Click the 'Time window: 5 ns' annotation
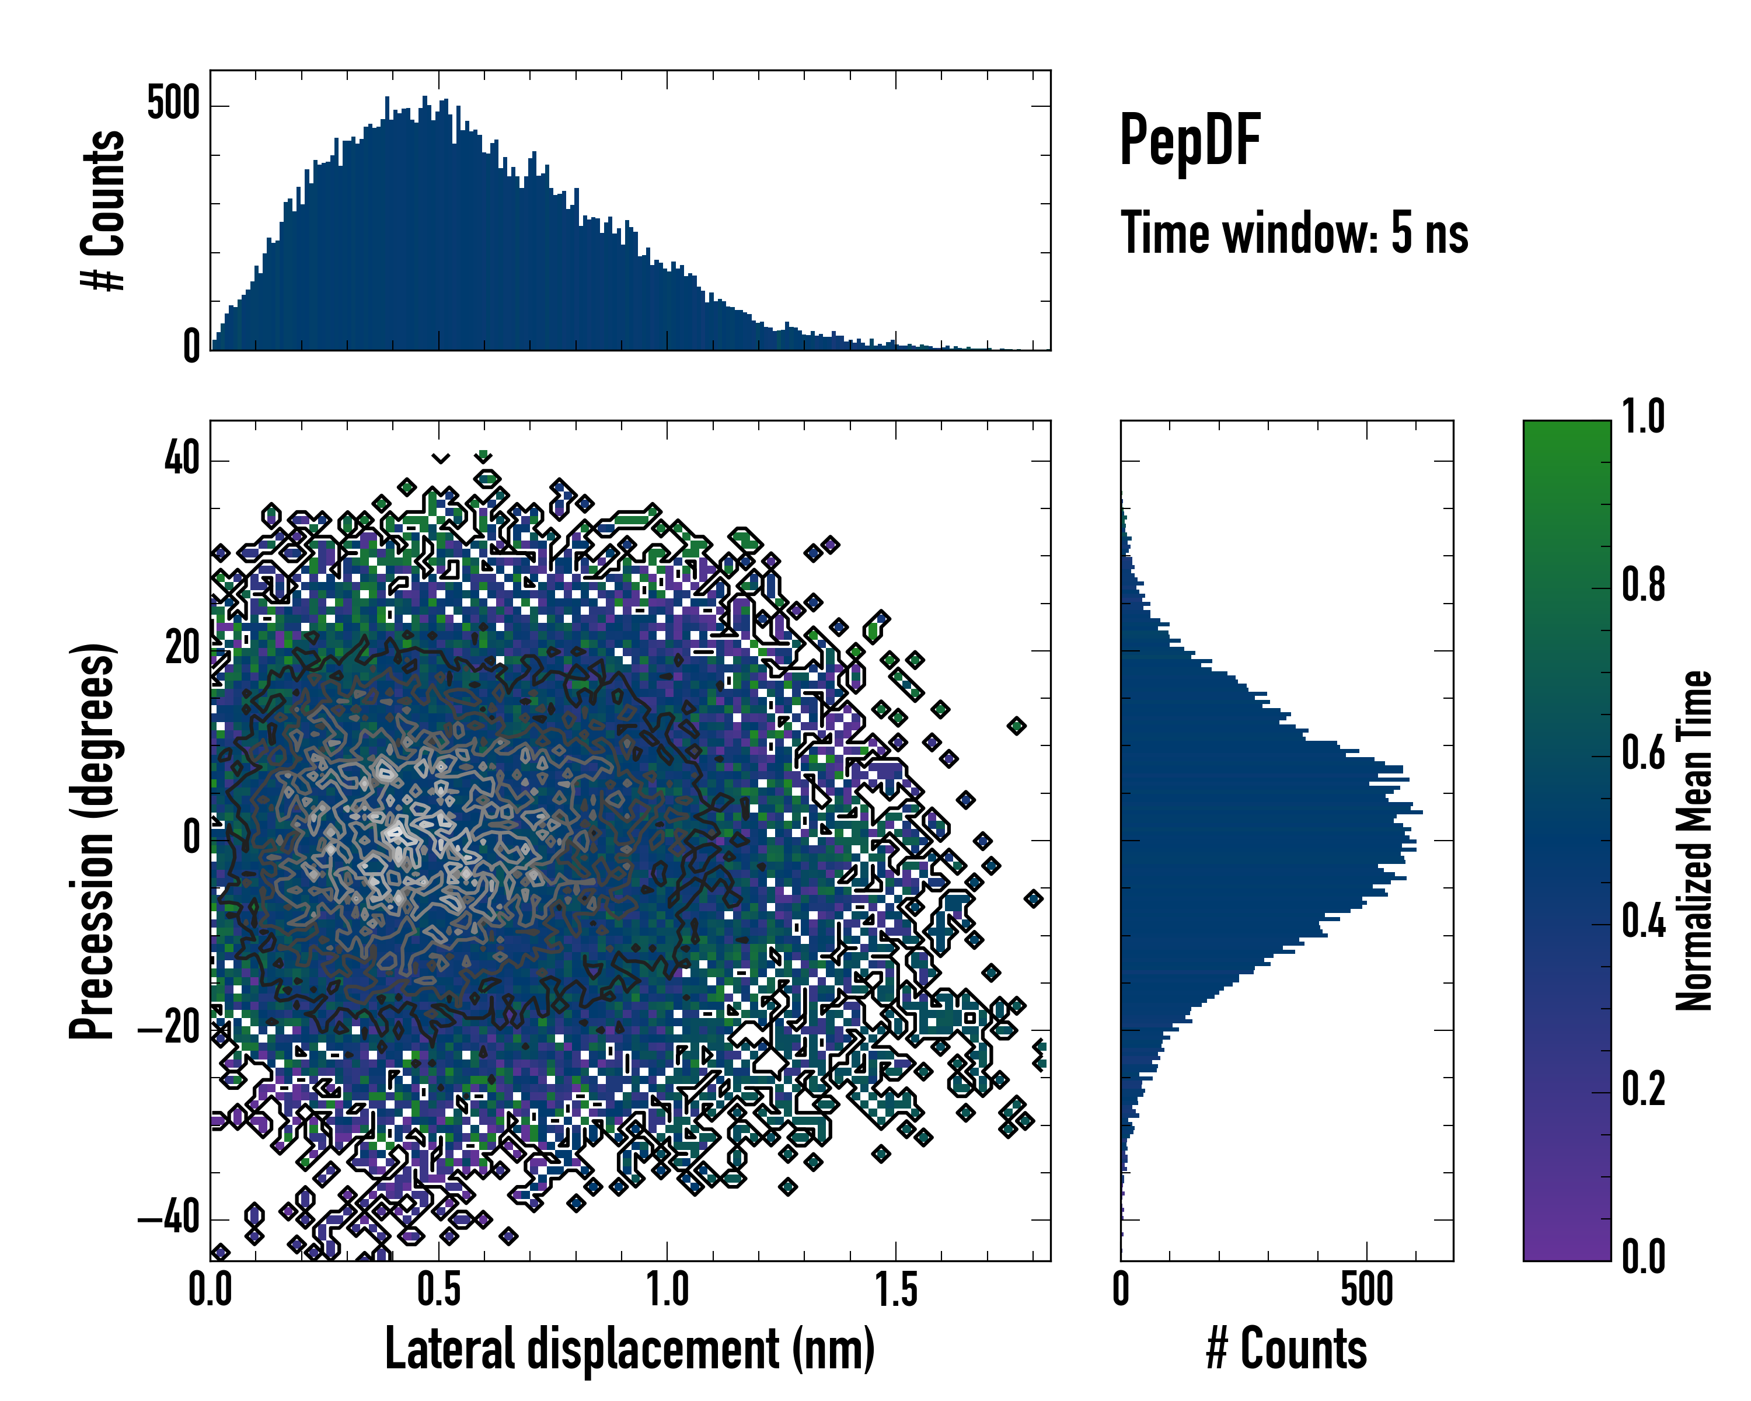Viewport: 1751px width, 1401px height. click(x=1294, y=233)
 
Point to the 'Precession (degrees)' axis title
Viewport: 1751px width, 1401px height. click(x=93, y=841)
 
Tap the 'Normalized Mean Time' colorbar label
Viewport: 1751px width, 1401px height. click(x=1694, y=841)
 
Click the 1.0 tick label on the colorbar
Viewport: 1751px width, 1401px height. click(x=1643, y=417)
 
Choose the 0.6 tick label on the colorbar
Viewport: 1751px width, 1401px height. click(x=1643, y=753)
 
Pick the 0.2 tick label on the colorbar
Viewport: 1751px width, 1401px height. click(x=1643, y=1089)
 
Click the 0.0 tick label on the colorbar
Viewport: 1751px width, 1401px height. click(x=1643, y=1256)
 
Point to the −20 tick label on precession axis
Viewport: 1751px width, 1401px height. click(x=168, y=1029)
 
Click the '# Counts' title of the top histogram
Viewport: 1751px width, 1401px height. click(x=104, y=210)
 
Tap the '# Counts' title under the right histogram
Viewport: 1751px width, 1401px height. click(x=1286, y=1349)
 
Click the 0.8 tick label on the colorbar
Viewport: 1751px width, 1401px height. click(x=1643, y=585)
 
